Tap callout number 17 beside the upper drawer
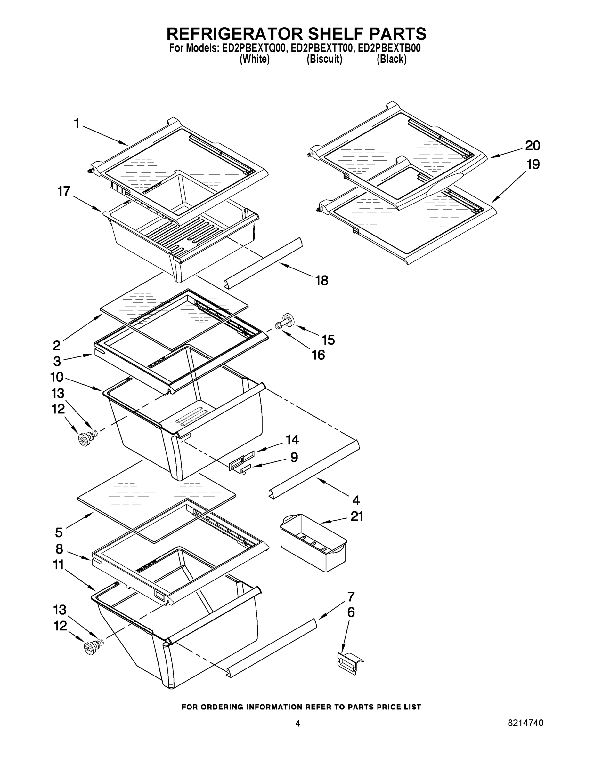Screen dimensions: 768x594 pyautogui.click(x=64, y=191)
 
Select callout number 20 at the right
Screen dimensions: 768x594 pyautogui.click(x=533, y=145)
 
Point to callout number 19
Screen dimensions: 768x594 pyautogui.click(x=533, y=164)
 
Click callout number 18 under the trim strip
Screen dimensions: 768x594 pyautogui.click(x=321, y=281)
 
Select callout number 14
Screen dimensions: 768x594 pyautogui.click(x=292, y=440)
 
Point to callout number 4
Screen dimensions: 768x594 pyautogui.click(x=356, y=500)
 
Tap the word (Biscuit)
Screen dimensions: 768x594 pyautogui.click(x=324, y=60)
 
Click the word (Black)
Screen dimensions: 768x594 pyautogui.click(x=391, y=60)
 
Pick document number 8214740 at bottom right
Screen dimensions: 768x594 pyautogui.click(x=525, y=723)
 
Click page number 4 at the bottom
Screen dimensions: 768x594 pyautogui.click(x=297, y=723)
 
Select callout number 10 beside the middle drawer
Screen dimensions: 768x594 pyautogui.click(x=57, y=377)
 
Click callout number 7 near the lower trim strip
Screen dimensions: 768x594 pyautogui.click(x=351, y=596)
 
